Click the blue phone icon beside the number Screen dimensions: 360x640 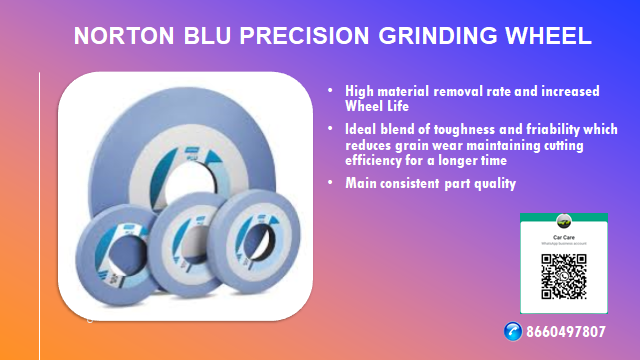tap(514, 331)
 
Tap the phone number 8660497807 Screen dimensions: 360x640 tap(566, 331)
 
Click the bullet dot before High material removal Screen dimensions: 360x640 tap(333, 91)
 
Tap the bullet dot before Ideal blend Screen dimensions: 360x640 tap(333, 130)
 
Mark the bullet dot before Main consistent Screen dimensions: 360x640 tap(333, 184)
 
